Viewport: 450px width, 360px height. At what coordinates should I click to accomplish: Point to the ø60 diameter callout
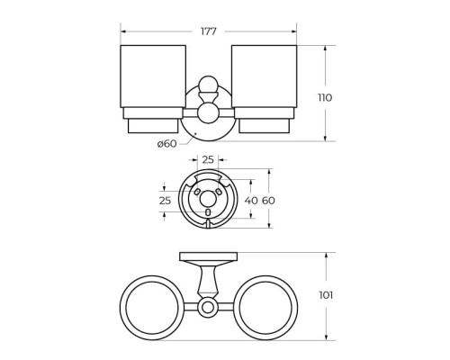pyautogui.click(x=167, y=143)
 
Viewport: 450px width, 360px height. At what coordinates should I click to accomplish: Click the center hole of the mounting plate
pyautogui.click(x=208, y=195)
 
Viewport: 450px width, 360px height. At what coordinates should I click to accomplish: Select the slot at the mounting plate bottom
pyautogui.click(x=208, y=213)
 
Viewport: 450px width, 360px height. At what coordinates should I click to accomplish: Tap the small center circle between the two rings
pyautogui.click(x=208, y=308)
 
